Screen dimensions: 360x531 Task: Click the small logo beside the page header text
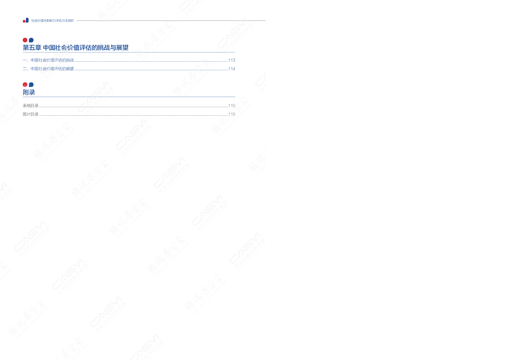[26, 20]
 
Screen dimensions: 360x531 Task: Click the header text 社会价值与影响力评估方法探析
[52, 21]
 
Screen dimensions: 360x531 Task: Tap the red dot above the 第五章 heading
[25, 40]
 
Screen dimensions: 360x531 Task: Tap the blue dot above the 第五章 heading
[31, 40]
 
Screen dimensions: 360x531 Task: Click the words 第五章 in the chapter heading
[32, 48]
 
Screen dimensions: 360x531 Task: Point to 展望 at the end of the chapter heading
[122, 48]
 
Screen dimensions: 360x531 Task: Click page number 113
[232, 60]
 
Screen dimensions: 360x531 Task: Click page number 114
[232, 69]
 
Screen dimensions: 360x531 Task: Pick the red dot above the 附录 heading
[25, 85]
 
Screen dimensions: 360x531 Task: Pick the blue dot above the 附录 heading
[31, 85]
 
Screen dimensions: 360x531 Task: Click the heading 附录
[29, 93]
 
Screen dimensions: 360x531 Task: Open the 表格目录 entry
[31, 106]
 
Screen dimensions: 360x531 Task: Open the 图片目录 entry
[31, 114]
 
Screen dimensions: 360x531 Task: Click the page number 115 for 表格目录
[232, 106]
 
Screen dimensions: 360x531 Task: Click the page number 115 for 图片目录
[232, 114]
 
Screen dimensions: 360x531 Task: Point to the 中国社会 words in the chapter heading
[55, 48]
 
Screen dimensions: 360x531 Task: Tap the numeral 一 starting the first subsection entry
[24, 60]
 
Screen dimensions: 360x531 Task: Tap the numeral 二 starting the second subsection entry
[24, 69]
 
